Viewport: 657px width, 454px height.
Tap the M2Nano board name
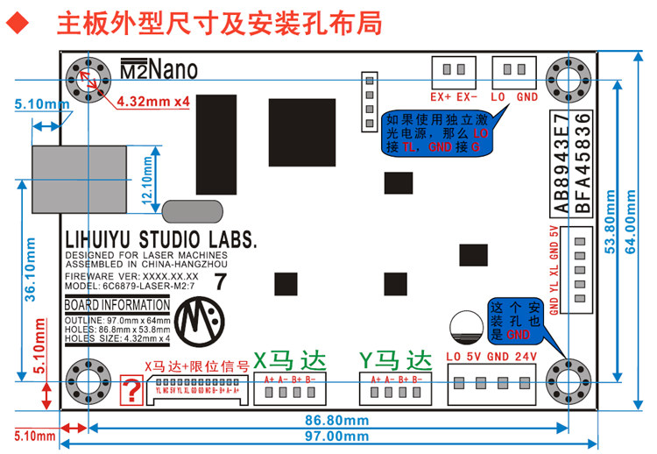coord(159,69)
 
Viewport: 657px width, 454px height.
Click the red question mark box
coord(131,390)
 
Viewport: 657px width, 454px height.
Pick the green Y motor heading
coord(397,359)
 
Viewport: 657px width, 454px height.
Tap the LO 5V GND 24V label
coord(491,357)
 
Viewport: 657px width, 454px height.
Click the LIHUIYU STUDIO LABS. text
coord(161,239)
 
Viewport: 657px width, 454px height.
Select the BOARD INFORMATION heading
coord(117,305)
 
